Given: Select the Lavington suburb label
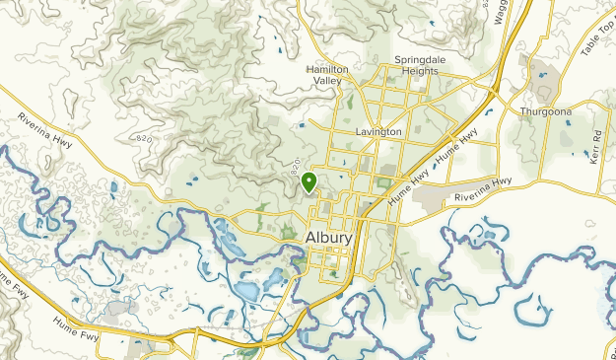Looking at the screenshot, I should click(378, 131).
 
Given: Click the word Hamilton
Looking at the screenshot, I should click(327, 70).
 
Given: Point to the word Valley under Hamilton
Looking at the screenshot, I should click(327, 81).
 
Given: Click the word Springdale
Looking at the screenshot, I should click(420, 60).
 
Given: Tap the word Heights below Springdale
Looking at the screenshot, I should click(420, 71).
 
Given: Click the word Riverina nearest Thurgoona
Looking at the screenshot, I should click(472, 191).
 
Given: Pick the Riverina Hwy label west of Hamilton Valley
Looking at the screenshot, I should click(43, 130).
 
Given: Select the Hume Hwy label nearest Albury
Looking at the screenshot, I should click(407, 182).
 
